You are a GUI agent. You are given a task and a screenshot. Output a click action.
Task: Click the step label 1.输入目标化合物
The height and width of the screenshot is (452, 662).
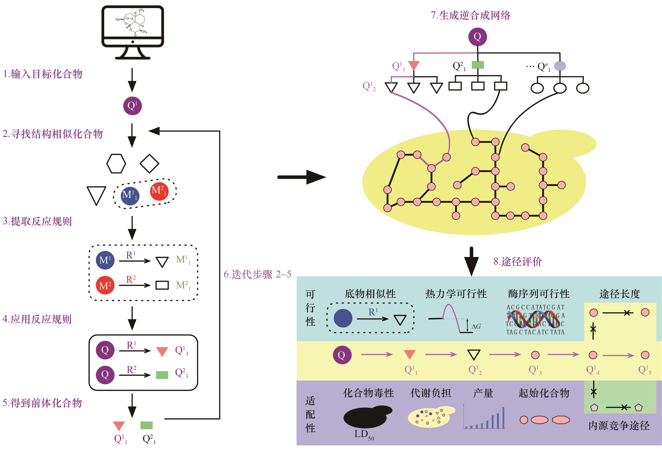coord(43,74)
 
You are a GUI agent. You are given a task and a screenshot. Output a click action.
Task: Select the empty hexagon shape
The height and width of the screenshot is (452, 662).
coord(116,164)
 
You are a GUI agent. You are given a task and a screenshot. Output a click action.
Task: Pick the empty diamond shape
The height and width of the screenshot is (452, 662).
coord(149,164)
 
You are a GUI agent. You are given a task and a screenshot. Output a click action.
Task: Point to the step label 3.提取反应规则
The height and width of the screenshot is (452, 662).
coord(37,221)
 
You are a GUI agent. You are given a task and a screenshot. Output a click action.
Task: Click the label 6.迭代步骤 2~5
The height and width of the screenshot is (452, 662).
coord(257,274)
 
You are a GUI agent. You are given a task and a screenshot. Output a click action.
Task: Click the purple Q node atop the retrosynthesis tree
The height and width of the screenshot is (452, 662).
coord(477,37)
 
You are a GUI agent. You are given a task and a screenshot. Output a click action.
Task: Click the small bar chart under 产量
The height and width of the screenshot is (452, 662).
coord(484,418)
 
